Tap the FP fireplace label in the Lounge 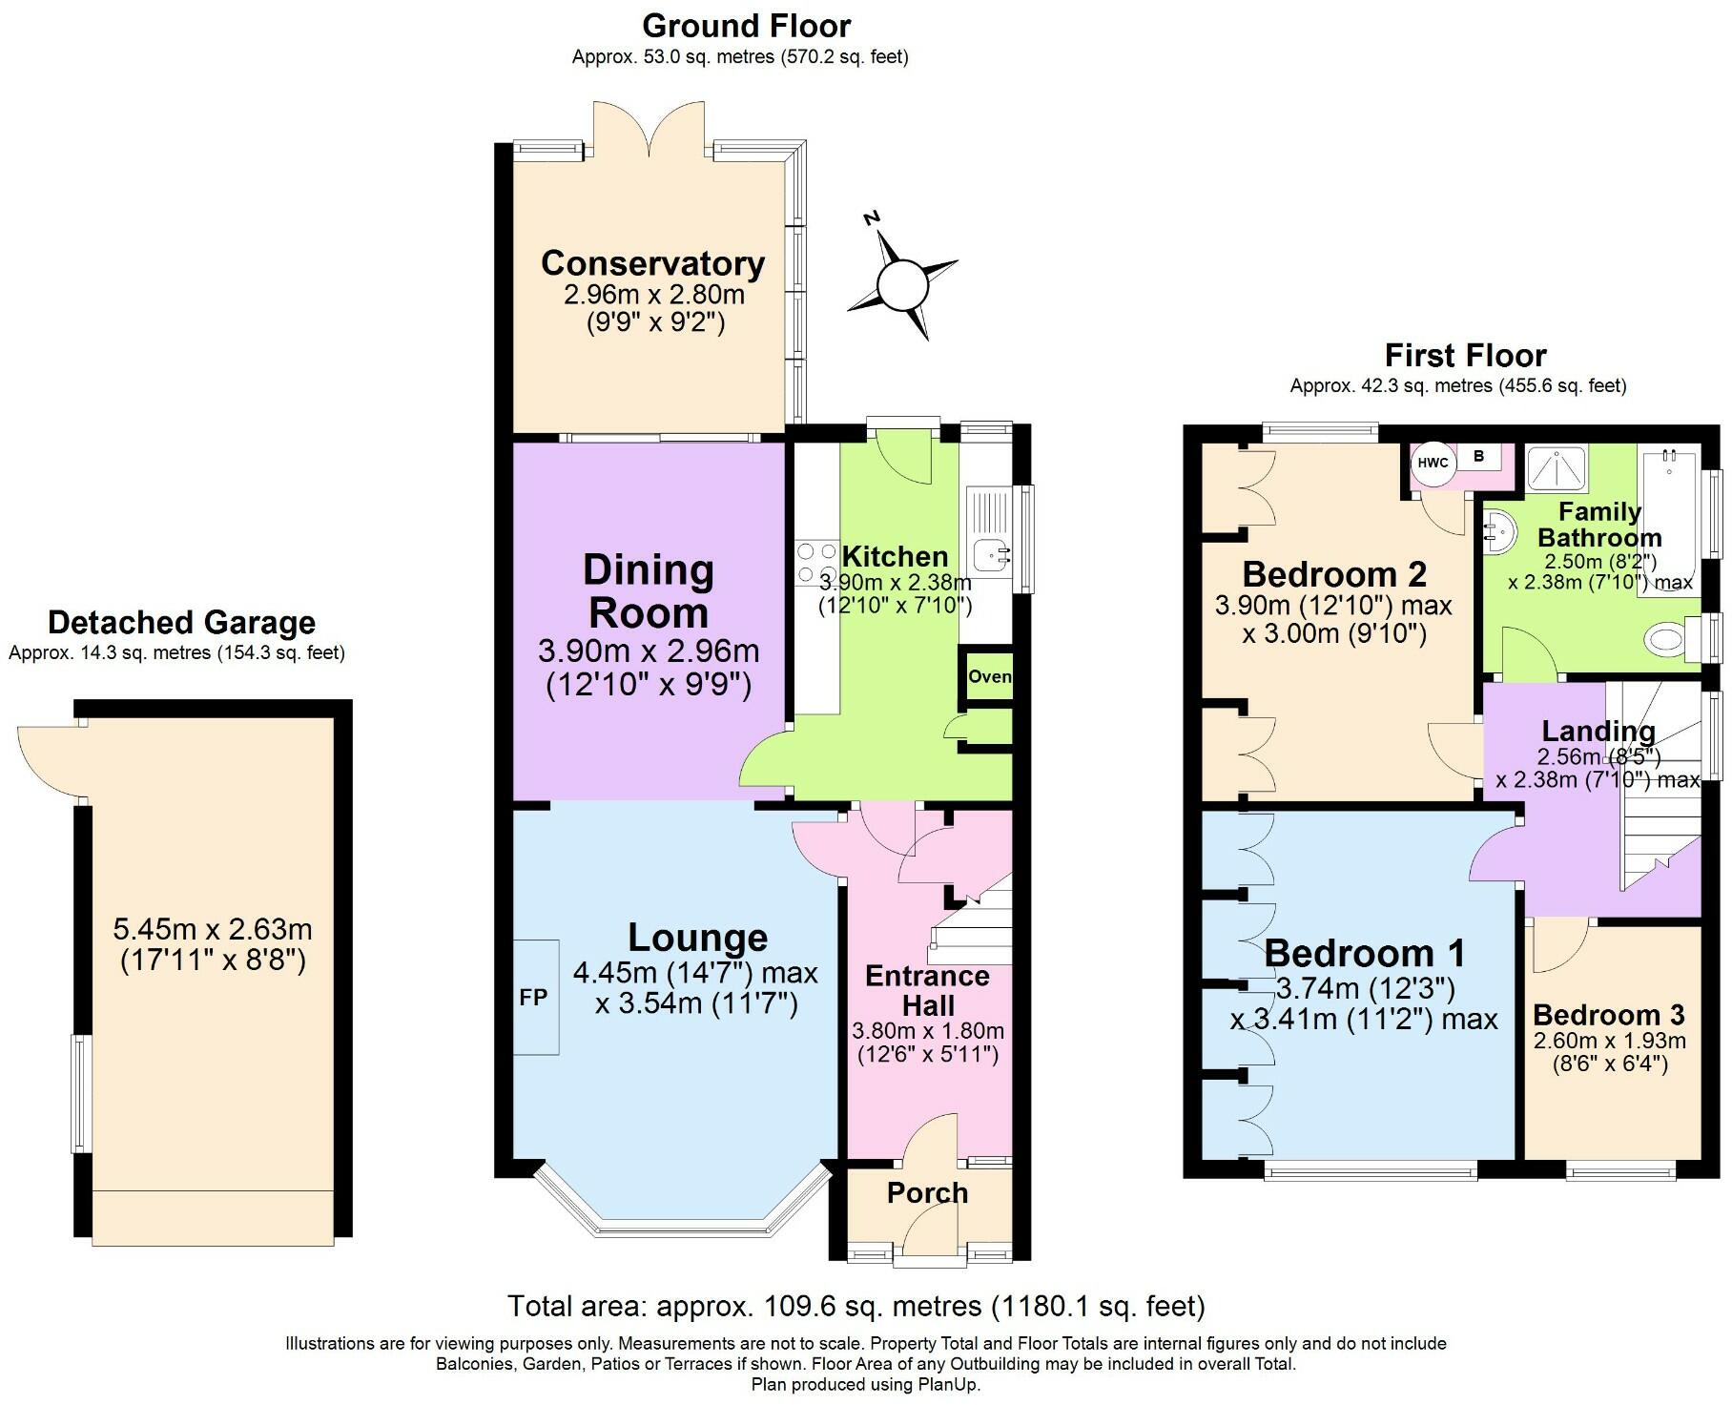pyautogui.click(x=533, y=997)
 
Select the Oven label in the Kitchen pyautogui.click(x=989, y=676)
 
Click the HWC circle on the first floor pyautogui.click(x=1433, y=463)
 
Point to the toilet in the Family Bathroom pyautogui.click(x=1674, y=636)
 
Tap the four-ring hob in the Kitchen pyautogui.click(x=815, y=563)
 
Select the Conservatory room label pyautogui.click(x=652, y=263)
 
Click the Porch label pyautogui.click(x=927, y=1192)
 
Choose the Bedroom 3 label pyautogui.click(x=1609, y=1014)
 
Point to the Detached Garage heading pyautogui.click(x=181, y=622)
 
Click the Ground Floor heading pyautogui.click(x=746, y=26)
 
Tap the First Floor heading pyautogui.click(x=1465, y=356)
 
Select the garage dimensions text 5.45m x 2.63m pyautogui.click(x=213, y=928)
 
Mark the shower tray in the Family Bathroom pyautogui.click(x=1557, y=470)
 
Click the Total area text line pyautogui.click(x=856, y=1305)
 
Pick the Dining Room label pyautogui.click(x=649, y=591)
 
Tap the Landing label pyautogui.click(x=1598, y=732)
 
